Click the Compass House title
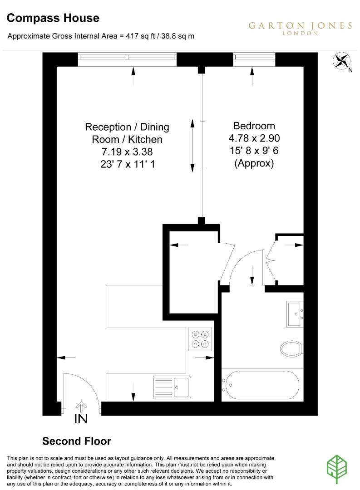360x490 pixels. (53, 18)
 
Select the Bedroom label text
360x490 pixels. (254, 126)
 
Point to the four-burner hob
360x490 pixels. (200, 338)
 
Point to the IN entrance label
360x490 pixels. (81, 419)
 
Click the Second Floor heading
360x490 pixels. (77, 441)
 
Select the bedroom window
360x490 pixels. (254, 57)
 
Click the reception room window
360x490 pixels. (127, 57)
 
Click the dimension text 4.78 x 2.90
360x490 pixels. (254, 138)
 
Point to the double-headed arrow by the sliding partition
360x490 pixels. (192, 145)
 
